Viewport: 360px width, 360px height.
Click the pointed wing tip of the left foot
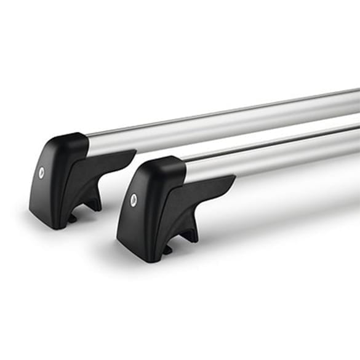[x=134, y=151]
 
